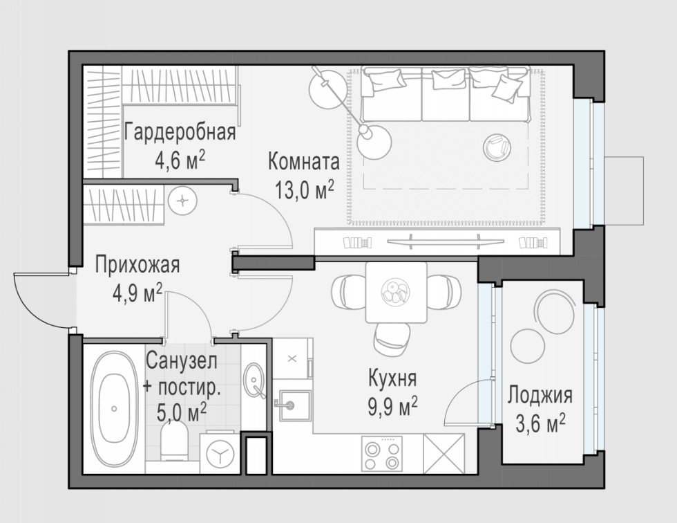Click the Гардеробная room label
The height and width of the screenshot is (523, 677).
coord(180,132)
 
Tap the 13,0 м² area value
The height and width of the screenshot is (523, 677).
coord(305,190)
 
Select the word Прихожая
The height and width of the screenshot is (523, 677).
coord(137,265)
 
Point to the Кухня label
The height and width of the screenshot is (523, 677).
coord(392,378)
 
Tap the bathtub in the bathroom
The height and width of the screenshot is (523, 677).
coord(114,408)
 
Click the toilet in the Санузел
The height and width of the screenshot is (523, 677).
coord(174,441)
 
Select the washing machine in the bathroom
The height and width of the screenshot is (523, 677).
coord(220,453)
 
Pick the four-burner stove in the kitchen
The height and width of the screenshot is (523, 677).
coord(381,453)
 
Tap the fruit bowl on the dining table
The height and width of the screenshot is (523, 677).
coord(395,292)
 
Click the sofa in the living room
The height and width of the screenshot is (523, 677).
coord(446,94)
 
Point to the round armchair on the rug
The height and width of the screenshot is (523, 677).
coord(497,147)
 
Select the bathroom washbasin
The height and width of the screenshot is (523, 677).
coord(254,380)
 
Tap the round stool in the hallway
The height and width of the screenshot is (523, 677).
coord(182,201)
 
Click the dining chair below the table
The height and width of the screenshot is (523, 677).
coord(392,339)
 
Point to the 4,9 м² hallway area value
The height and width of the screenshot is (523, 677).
coord(137,293)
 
